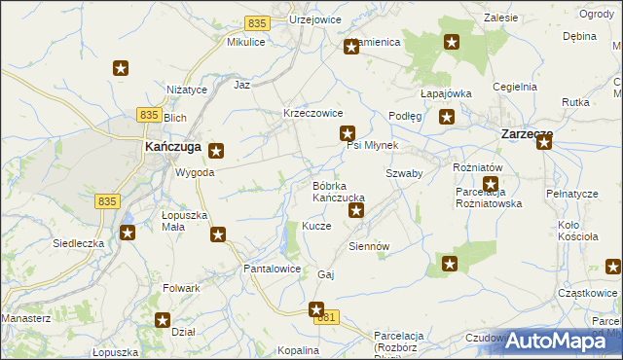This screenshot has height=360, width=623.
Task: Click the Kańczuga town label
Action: coord(172,146)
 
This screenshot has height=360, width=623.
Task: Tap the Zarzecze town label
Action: coord(527,134)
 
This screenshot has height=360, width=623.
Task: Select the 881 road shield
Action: coord(329,317)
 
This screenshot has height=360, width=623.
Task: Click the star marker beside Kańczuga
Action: coord(216,151)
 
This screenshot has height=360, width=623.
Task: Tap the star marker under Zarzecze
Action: coord(543,143)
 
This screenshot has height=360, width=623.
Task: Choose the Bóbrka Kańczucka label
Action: coord(338,192)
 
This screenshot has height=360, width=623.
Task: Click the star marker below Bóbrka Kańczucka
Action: coord(356,210)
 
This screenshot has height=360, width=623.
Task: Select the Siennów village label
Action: coord(369,246)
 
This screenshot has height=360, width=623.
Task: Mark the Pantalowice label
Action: coord(272,268)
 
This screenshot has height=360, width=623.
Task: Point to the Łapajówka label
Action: coord(446,93)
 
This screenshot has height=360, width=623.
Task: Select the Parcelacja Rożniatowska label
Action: coord(490,198)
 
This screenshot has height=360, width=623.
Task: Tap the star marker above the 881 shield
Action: coord(316,309)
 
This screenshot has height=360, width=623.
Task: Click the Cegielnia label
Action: coord(515,87)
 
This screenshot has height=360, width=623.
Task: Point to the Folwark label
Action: coord(182,288)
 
